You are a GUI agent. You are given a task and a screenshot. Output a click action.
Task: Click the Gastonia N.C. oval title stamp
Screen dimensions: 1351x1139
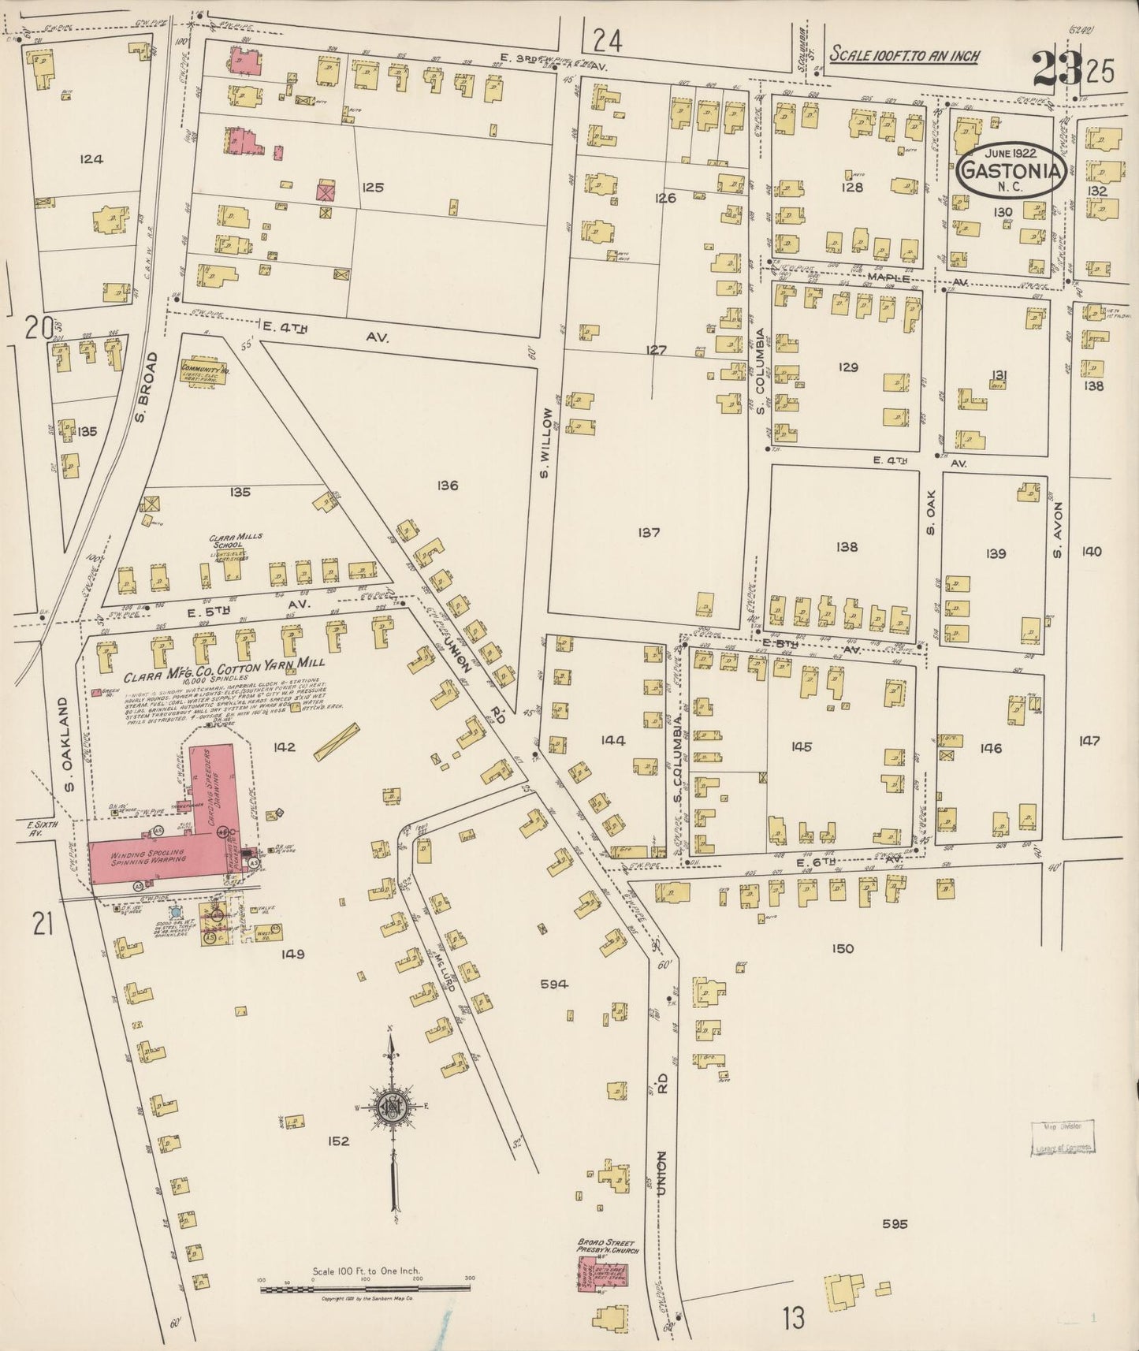click(1013, 169)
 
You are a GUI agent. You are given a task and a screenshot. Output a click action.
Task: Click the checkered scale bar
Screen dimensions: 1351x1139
click(366, 1290)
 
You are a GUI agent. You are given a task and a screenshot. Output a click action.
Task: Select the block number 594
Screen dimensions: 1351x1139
click(556, 984)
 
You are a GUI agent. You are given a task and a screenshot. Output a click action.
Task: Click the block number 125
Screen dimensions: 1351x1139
click(373, 188)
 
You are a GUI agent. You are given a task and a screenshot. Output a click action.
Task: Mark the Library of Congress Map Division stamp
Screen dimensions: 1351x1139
click(1062, 1140)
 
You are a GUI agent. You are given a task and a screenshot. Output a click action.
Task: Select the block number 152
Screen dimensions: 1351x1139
click(339, 1141)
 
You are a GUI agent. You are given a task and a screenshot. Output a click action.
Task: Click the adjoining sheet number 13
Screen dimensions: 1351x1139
click(794, 1316)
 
